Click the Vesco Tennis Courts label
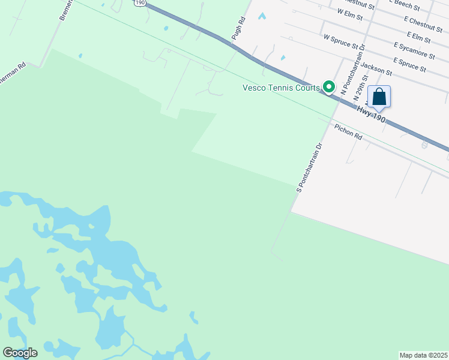(x=281, y=88)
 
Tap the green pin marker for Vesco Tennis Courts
(x=329, y=87)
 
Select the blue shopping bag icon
(x=379, y=97)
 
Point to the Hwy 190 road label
(x=370, y=114)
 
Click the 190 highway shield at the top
(x=139, y=3)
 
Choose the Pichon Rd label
(x=349, y=132)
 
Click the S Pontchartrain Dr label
(x=309, y=167)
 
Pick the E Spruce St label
(x=409, y=65)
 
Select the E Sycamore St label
(x=414, y=50)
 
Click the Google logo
(x=20, y=353)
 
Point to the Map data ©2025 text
(x=423, y=355)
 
